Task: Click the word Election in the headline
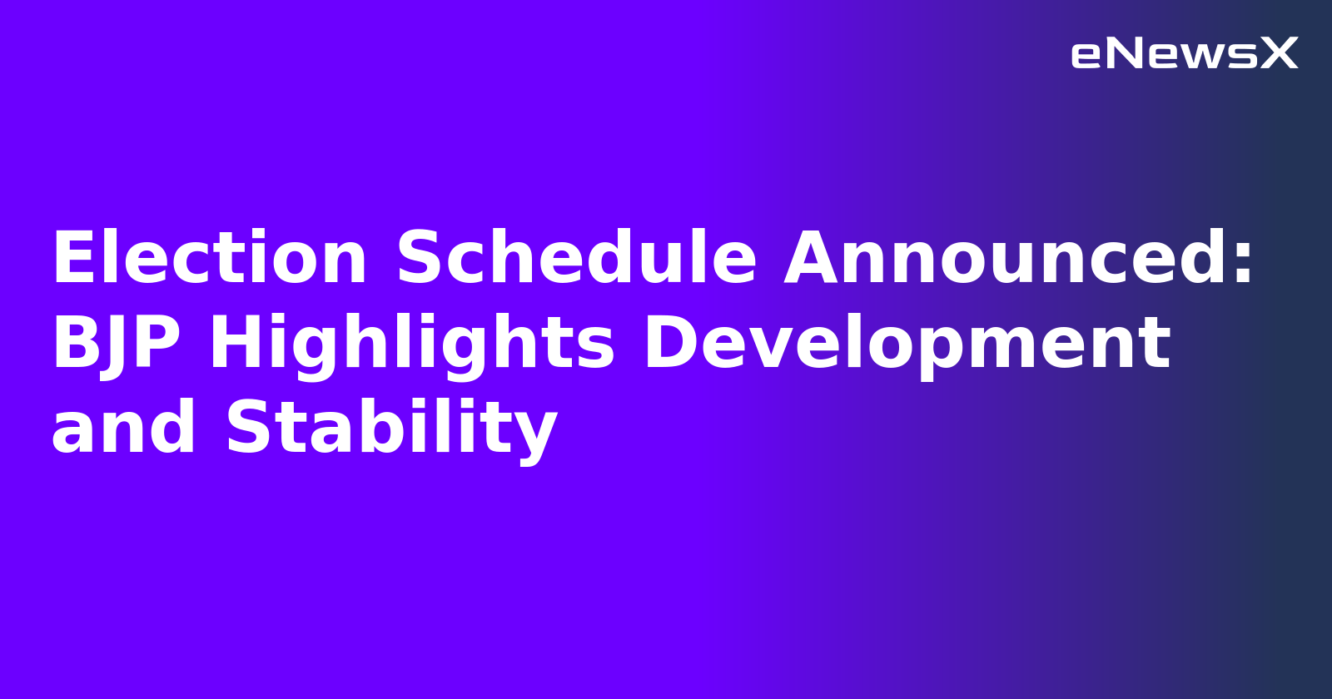pos(209,259)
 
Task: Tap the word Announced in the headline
pos(1006,259)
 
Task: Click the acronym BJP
pos(116,344)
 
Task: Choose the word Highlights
pos(411,344)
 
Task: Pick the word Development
pos(907,344)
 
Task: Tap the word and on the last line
pos(123,428)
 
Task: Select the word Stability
pos(391,428)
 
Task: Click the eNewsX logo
pos(1184,54)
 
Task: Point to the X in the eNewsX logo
pos(1280,54)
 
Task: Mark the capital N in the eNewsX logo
pos(1125,54)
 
